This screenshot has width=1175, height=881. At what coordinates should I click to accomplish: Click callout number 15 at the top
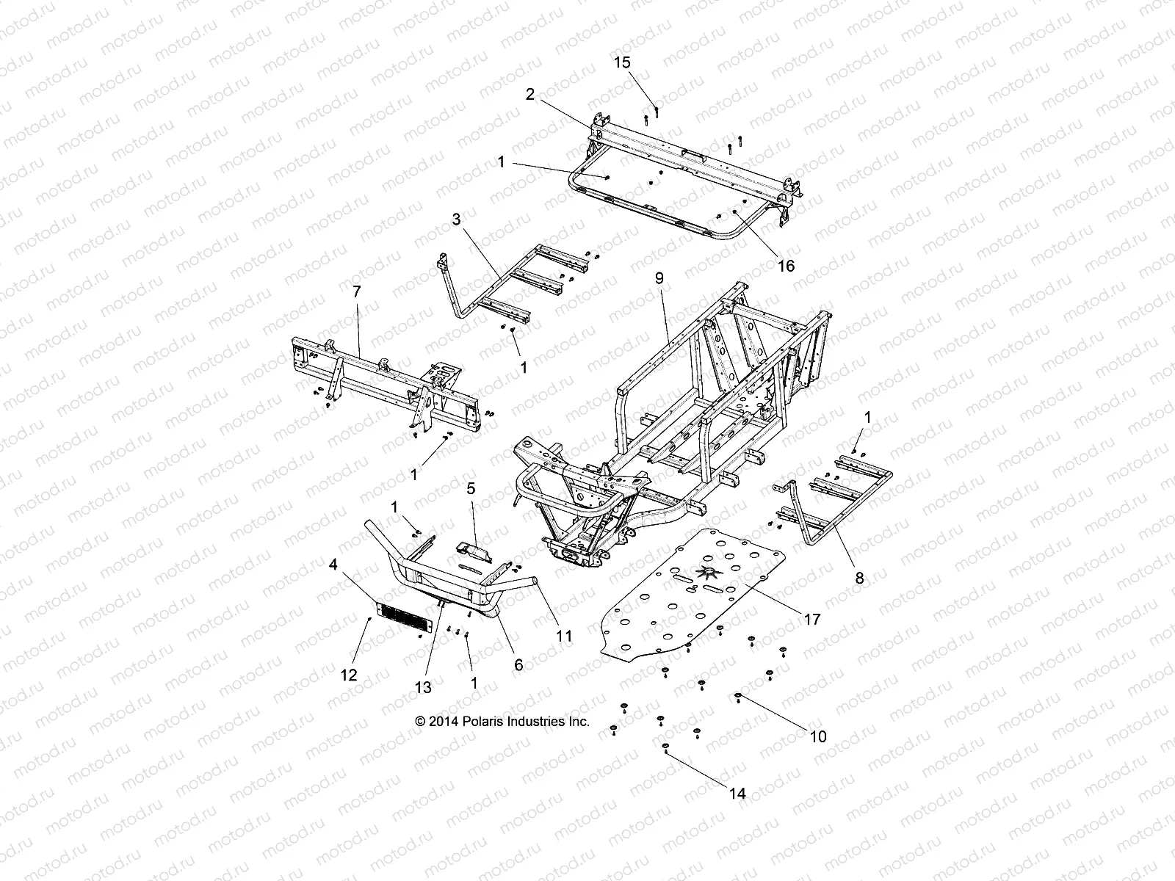pyautogui.click(x=622, y=63)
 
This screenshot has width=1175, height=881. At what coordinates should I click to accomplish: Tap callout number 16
pyautogui.click(x=786, y=266)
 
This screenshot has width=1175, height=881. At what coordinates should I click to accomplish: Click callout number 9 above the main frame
pyautogui.click(x=659, y=278)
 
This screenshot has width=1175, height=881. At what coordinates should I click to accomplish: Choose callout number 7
pyautogui.click(x=357, y=291)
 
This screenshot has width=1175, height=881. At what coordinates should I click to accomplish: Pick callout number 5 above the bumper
pyautogui.click(x=471, y=487)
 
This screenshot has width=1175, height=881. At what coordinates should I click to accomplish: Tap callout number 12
pyautogui.click(x=350, y=675)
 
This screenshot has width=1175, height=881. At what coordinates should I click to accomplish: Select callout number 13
pyautogui.click(x=424, y=687)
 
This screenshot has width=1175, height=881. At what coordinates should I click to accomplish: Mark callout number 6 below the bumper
pyautogui.click(x=518, y=664)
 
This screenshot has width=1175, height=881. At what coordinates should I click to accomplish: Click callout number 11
pyautogui.click(x=563, y=636)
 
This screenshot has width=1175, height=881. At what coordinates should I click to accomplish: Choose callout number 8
pyautogui.click(x=859, y=578)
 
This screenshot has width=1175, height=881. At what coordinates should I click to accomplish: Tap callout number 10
pyautogui.click(x=817, y=736)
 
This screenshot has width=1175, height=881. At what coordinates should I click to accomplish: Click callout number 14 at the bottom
pyautogui.click(x=737, y=794)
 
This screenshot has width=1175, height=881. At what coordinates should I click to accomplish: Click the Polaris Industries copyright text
pyautogui.click(x=502, y=722)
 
